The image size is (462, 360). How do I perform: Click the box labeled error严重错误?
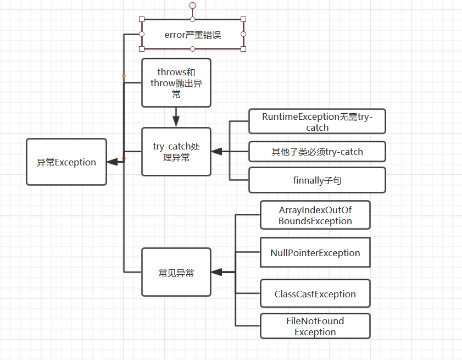coord(192,35)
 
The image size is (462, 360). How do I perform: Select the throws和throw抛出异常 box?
coord(176,82)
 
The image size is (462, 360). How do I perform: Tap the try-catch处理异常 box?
coord(176,151)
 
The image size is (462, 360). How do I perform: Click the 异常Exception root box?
coord(66,162)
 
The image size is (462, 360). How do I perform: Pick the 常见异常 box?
coord(176,272)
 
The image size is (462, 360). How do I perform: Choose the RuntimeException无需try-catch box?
coord(317,121)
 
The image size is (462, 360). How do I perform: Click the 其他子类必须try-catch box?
coord(317,151)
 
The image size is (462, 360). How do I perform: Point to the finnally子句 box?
coord(317,180)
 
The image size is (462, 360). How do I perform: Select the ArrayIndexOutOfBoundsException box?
coord(315,215)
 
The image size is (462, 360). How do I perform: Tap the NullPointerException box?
coord(315,252)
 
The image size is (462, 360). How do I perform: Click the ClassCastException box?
coord(315,293)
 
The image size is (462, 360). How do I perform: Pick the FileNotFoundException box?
coord(315,326)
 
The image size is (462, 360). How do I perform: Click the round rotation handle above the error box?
coord(192,5)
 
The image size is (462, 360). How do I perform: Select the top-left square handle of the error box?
coord(142,20)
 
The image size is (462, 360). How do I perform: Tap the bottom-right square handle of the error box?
coord(243,49)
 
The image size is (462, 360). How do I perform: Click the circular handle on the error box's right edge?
coord(243,34)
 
